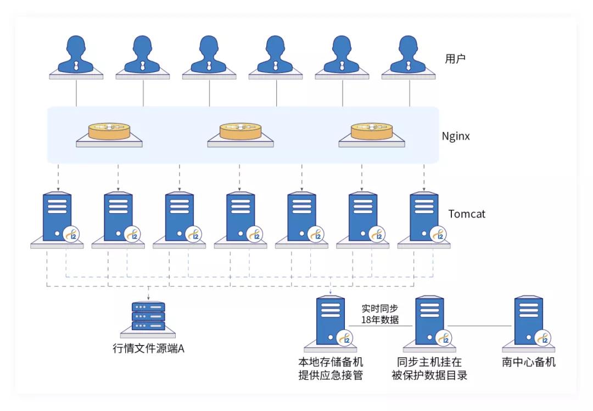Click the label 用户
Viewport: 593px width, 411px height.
point(455,59)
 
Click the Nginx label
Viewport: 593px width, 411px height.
point(456,136)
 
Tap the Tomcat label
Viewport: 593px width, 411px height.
point(467,214)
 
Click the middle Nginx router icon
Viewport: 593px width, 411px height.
point(240,132)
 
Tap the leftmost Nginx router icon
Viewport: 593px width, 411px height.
point(109,132)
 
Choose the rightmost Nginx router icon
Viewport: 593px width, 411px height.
point(372,132)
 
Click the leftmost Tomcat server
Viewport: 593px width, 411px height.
point(57,218)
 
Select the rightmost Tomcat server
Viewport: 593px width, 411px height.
point(424,218)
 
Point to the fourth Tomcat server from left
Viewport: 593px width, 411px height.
point(240,218)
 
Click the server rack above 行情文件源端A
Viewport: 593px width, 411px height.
point(148,317)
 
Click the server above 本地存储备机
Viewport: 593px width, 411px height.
point(331,321)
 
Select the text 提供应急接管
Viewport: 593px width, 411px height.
point(331,376)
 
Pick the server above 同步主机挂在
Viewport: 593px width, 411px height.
point(430,321)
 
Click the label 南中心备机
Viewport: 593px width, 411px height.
point(529,362)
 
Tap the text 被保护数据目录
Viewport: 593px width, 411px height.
point(429,376)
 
